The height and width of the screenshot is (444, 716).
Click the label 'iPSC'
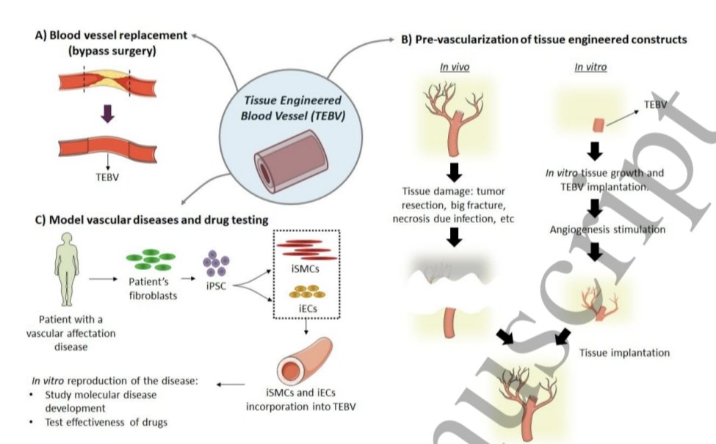[213, 288]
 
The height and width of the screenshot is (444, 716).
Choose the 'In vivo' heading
[455, 68]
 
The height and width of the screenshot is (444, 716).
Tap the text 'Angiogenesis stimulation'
[607, 230]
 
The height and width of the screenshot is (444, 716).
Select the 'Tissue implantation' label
[624, 352]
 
